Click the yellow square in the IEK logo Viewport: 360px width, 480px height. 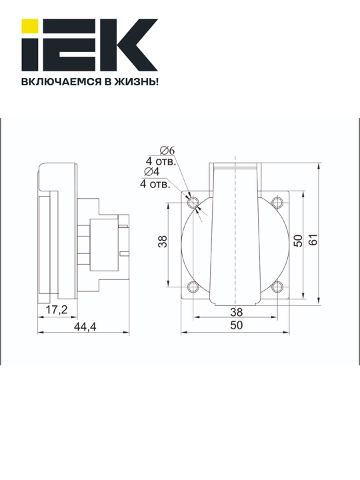pyautogui.click(x=30, y=26)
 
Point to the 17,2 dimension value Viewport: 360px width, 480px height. pyautogui.click(x=56, y=310)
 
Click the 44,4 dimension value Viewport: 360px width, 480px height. pyautogui.click(x=85, y=327)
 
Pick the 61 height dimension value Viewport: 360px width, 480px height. pyautogui.click(x=313, y=239)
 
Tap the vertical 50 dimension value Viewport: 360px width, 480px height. pyautogui.click(x=297, y=240)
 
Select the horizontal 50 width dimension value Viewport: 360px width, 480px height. pyautogui.click(x=236, y=325)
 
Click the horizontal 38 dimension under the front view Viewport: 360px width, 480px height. pyautogui.click(x=236, y=312)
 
